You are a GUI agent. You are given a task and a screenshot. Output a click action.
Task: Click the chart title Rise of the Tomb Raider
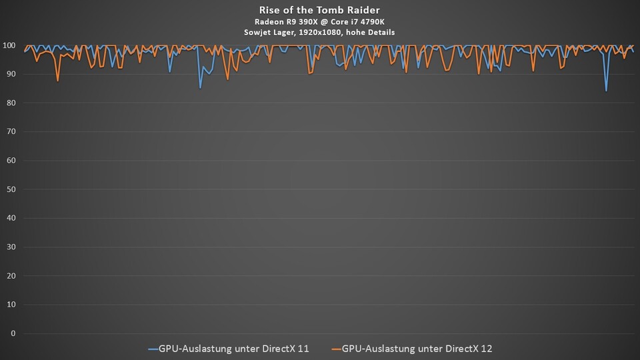coord(320,10)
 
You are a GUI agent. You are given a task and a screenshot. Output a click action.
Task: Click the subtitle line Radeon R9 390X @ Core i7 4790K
coord(320,21)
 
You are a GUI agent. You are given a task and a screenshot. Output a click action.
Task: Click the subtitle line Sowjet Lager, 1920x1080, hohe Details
coord(320,32)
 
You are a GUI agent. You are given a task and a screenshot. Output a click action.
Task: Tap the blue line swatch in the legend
coord(152,349)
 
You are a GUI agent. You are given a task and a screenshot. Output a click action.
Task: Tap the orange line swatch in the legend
coord(335,349)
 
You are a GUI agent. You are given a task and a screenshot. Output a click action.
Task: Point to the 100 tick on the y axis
coord(9,45)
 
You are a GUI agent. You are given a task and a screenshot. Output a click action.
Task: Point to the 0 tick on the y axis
coord(13,333)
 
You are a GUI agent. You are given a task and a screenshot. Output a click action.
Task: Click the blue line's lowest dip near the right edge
coord(606,91)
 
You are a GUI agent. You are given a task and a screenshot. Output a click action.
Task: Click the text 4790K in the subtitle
coord(371,21)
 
